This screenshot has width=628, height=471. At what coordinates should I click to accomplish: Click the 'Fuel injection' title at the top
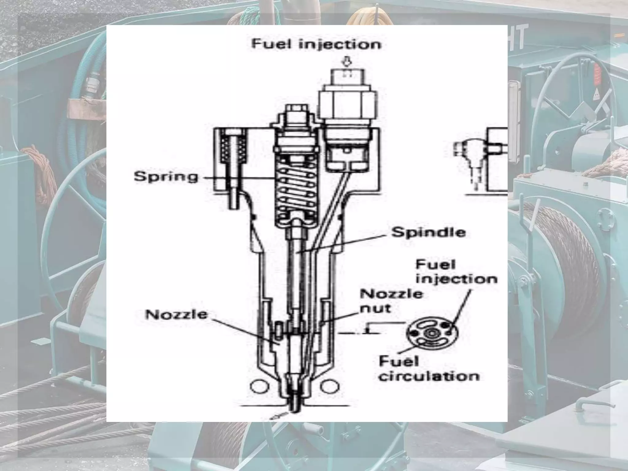pyautogui.click(x=316, y=44)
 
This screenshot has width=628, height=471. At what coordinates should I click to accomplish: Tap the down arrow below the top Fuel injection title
pyautogui.click(x=347, y=63)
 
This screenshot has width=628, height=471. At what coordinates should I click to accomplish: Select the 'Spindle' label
pyautogui.click(x=428, y=232)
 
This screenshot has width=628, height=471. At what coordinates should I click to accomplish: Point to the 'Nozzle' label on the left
pyautogui.click(x=176, y=315)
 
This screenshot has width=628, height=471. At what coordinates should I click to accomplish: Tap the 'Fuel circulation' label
pyautogui.click(x=429, y=369)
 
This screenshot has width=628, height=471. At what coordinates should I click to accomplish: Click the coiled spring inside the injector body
pyautogui.click(x=296, y=190)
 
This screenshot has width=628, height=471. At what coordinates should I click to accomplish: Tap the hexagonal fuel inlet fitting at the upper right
pyautogui.click(x=347, y=106)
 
